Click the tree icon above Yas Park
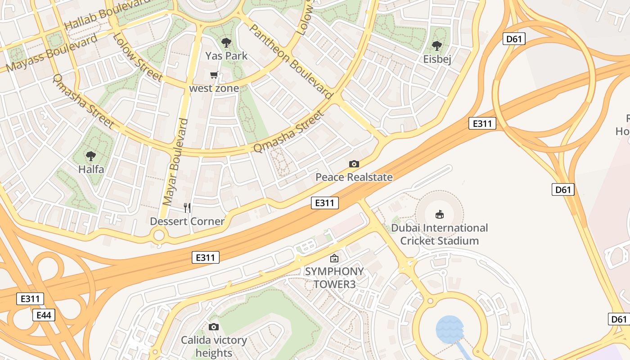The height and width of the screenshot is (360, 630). pos(226,43)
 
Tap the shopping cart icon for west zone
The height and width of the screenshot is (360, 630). pos(214,75)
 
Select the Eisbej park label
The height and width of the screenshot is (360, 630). pos(437,59)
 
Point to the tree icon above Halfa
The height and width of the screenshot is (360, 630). pos(91,156)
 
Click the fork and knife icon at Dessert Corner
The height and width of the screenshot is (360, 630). pos(187,207)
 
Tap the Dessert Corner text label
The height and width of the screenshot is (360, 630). pos(187,221)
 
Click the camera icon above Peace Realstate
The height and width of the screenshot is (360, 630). pos(354,164)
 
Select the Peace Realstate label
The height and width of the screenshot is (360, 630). pos(354,177)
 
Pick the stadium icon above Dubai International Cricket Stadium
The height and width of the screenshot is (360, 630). pos(440,214)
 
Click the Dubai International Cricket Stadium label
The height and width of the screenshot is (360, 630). pos(439,234)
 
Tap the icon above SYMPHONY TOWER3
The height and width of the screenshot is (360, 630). pos(334,258)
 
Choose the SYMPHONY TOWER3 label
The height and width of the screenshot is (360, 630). pos(334,278)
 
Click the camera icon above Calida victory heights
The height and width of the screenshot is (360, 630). pos(214,327)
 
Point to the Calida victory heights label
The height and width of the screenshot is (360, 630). pos(214,346)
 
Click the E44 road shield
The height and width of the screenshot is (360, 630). pos(44,315)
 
